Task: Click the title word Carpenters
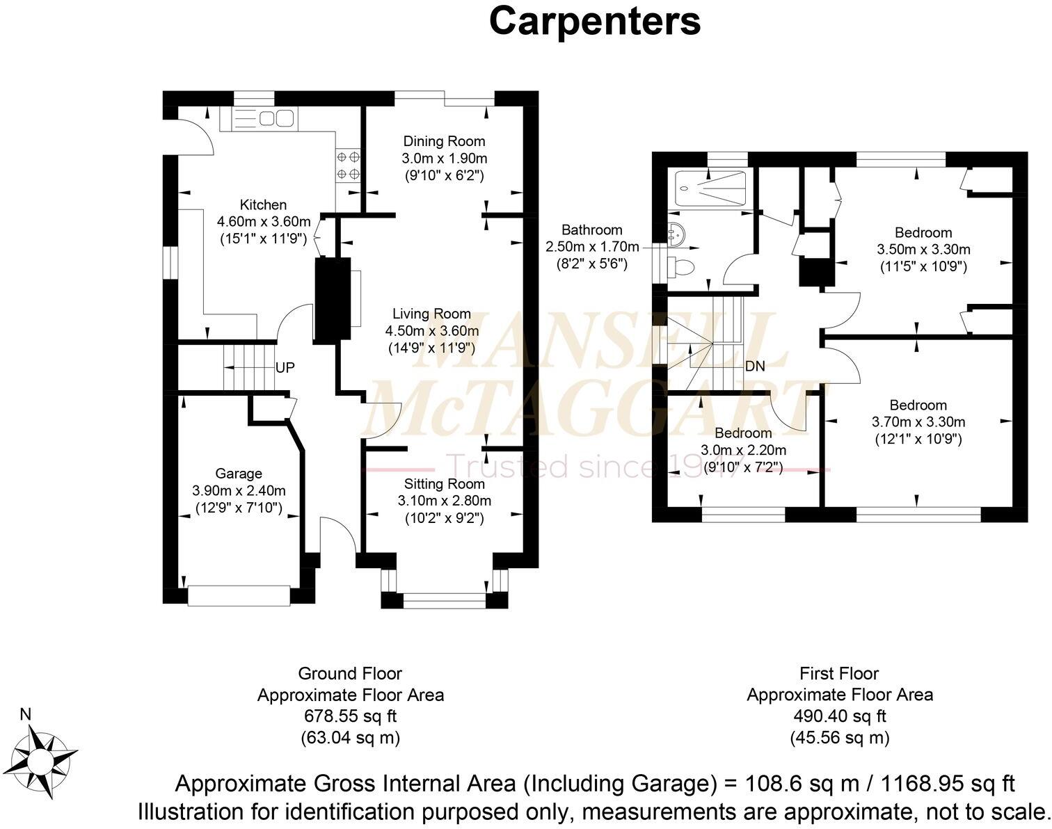pos(594,22)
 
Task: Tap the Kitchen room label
pos(263,204)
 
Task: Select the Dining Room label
pos(444,141)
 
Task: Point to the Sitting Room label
pos(444,483)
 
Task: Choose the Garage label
pos(239,474)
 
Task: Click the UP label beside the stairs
pos(285,367)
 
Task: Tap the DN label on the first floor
pos(755,366)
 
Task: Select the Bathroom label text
pos(591,230)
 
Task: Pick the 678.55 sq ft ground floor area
pos(350,716)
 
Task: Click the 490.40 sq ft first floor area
pos(839,716)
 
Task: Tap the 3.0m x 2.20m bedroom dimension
pos(743,450)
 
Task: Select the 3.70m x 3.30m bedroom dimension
pos(918,422)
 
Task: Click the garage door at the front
pos(239,596)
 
